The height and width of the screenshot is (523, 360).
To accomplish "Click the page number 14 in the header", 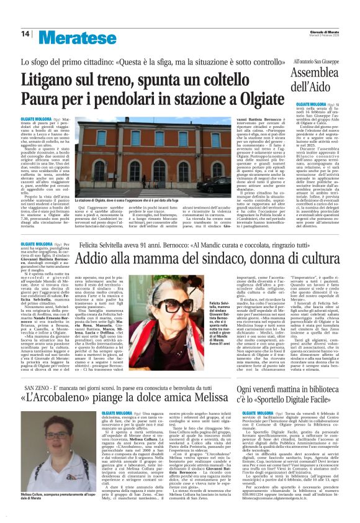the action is point(25,34).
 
